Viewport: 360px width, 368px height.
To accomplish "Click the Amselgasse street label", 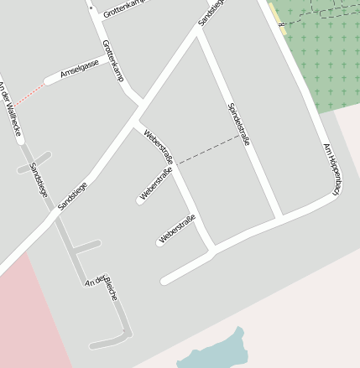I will [80, 70].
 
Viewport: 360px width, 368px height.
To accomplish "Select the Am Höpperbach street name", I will [331, 168].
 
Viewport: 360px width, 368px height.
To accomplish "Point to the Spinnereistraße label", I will [239, 124].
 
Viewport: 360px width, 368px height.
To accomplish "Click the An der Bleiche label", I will [102, 288].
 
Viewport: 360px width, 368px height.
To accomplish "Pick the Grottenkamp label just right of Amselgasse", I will [112, 60].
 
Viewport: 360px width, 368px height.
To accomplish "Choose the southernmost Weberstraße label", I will [177, 229].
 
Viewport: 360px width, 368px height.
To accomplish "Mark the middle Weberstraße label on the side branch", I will [156, 184].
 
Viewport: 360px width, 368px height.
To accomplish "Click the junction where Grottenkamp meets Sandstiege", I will [140, 106].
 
